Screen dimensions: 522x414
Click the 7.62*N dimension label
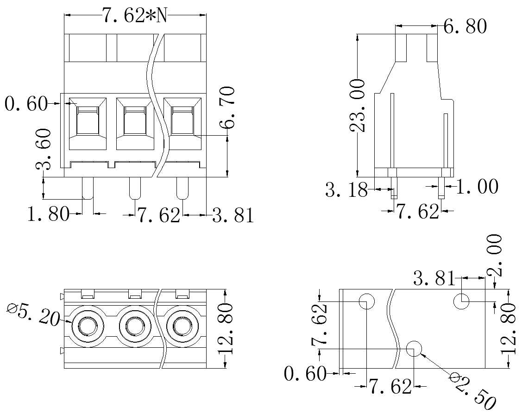(134, 15)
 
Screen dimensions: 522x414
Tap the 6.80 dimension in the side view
(465, 26)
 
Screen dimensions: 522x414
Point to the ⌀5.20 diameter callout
(32, 314)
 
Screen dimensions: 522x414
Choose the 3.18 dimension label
(346, 190)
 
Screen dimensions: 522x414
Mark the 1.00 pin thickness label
(477, 186)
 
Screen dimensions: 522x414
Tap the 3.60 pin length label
(44, 149)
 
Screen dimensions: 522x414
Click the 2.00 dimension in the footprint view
(494, 255)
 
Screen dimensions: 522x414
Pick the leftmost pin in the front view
(88, 188)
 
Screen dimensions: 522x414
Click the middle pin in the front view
(135, 188)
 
